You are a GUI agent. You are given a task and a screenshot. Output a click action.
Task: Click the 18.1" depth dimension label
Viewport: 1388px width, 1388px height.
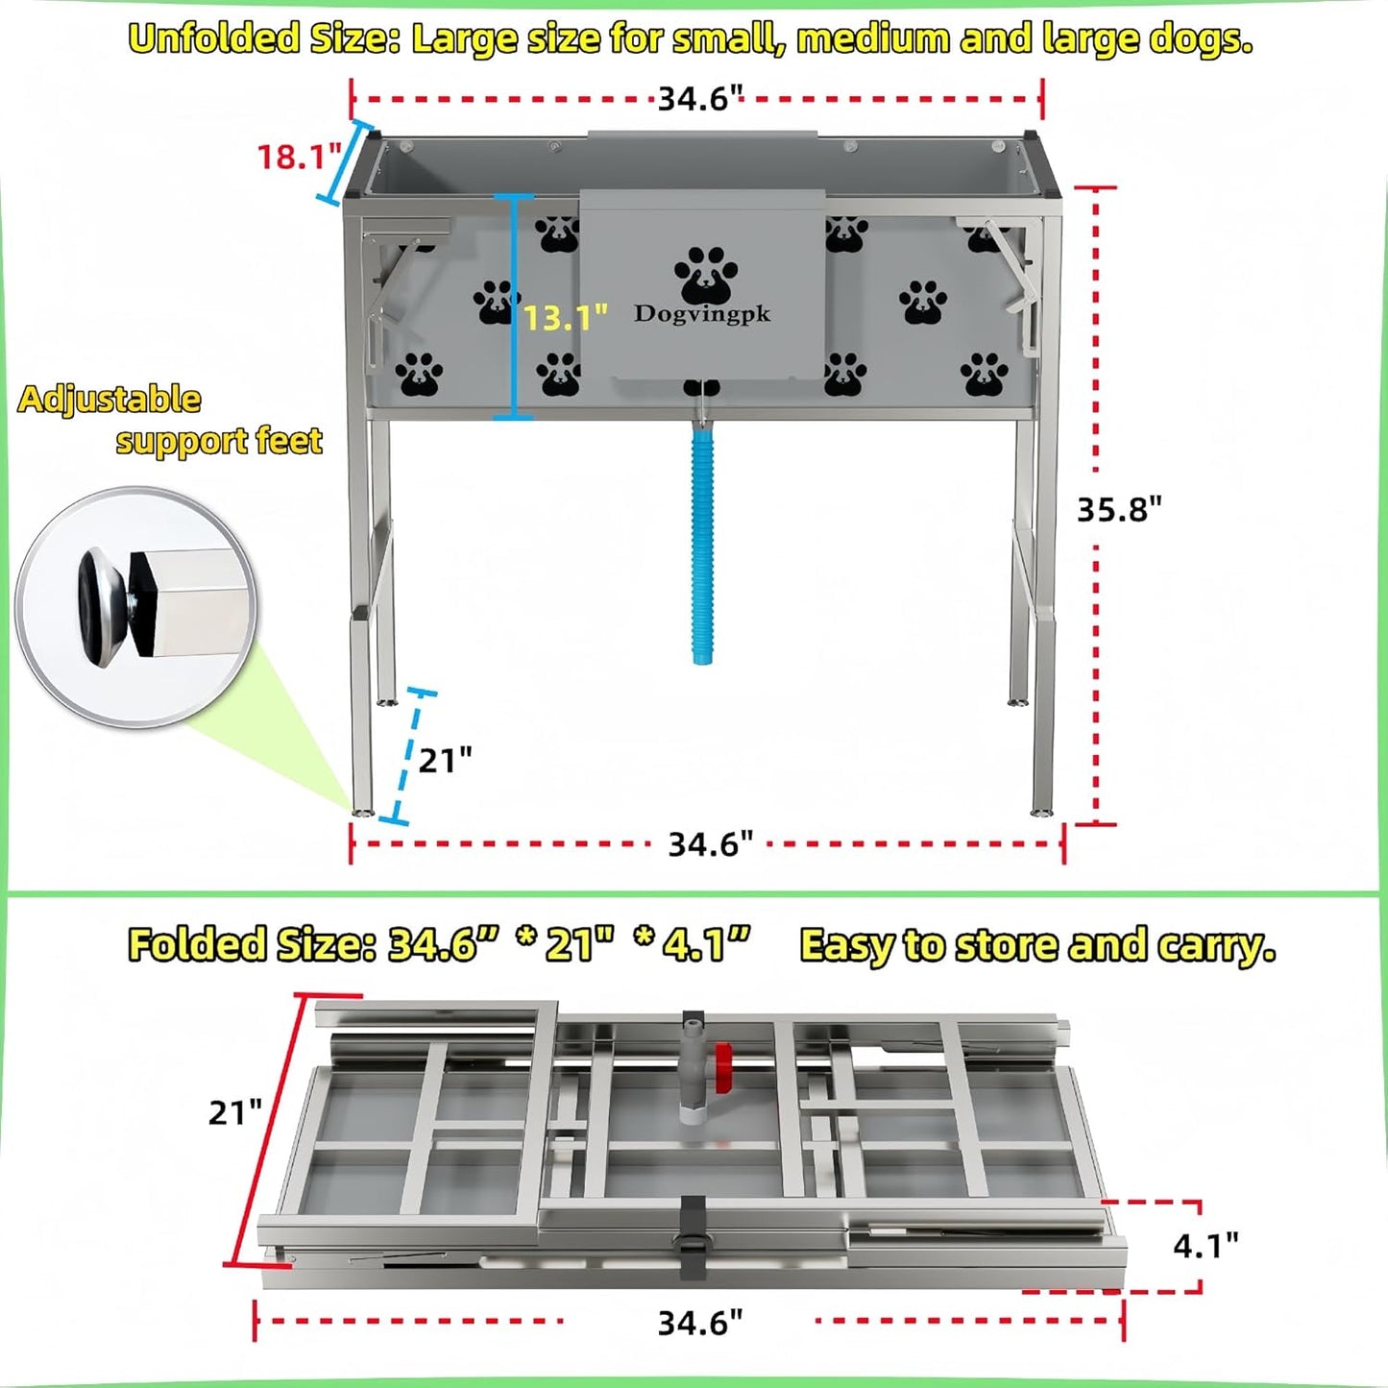[299, 157]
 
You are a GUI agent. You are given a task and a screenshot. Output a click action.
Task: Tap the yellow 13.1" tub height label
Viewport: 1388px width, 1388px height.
[565, 317]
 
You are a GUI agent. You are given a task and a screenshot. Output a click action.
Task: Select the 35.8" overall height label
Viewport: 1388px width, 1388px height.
[1118, 509]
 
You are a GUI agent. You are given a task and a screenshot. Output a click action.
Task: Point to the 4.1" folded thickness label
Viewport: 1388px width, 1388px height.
[1205, 1246]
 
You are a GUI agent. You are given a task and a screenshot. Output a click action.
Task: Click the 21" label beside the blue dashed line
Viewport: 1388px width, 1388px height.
[445, 761]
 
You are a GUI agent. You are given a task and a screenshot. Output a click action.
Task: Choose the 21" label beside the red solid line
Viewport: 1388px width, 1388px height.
[234, 1112]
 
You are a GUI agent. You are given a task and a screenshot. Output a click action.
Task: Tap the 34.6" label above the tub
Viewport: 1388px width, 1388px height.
[700, 98]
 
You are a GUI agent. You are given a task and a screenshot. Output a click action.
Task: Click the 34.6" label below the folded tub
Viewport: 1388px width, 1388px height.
[699, 1323]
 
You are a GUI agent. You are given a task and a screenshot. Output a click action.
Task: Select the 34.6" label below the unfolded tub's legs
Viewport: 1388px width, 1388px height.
[710, 844]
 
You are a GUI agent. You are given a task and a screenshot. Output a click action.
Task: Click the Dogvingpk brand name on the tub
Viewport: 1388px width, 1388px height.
[701, 314]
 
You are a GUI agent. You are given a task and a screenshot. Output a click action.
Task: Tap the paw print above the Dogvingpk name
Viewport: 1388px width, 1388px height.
[706, 275]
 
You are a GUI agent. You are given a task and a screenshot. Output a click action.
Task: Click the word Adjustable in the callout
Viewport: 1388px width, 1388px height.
[110, 400]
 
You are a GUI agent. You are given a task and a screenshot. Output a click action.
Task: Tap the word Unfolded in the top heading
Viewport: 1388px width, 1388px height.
[214, 39]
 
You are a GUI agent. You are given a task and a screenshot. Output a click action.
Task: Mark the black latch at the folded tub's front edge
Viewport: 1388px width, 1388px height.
[694, 1239]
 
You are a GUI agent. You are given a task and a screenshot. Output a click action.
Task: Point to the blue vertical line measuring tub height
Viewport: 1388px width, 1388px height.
[515, 307]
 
